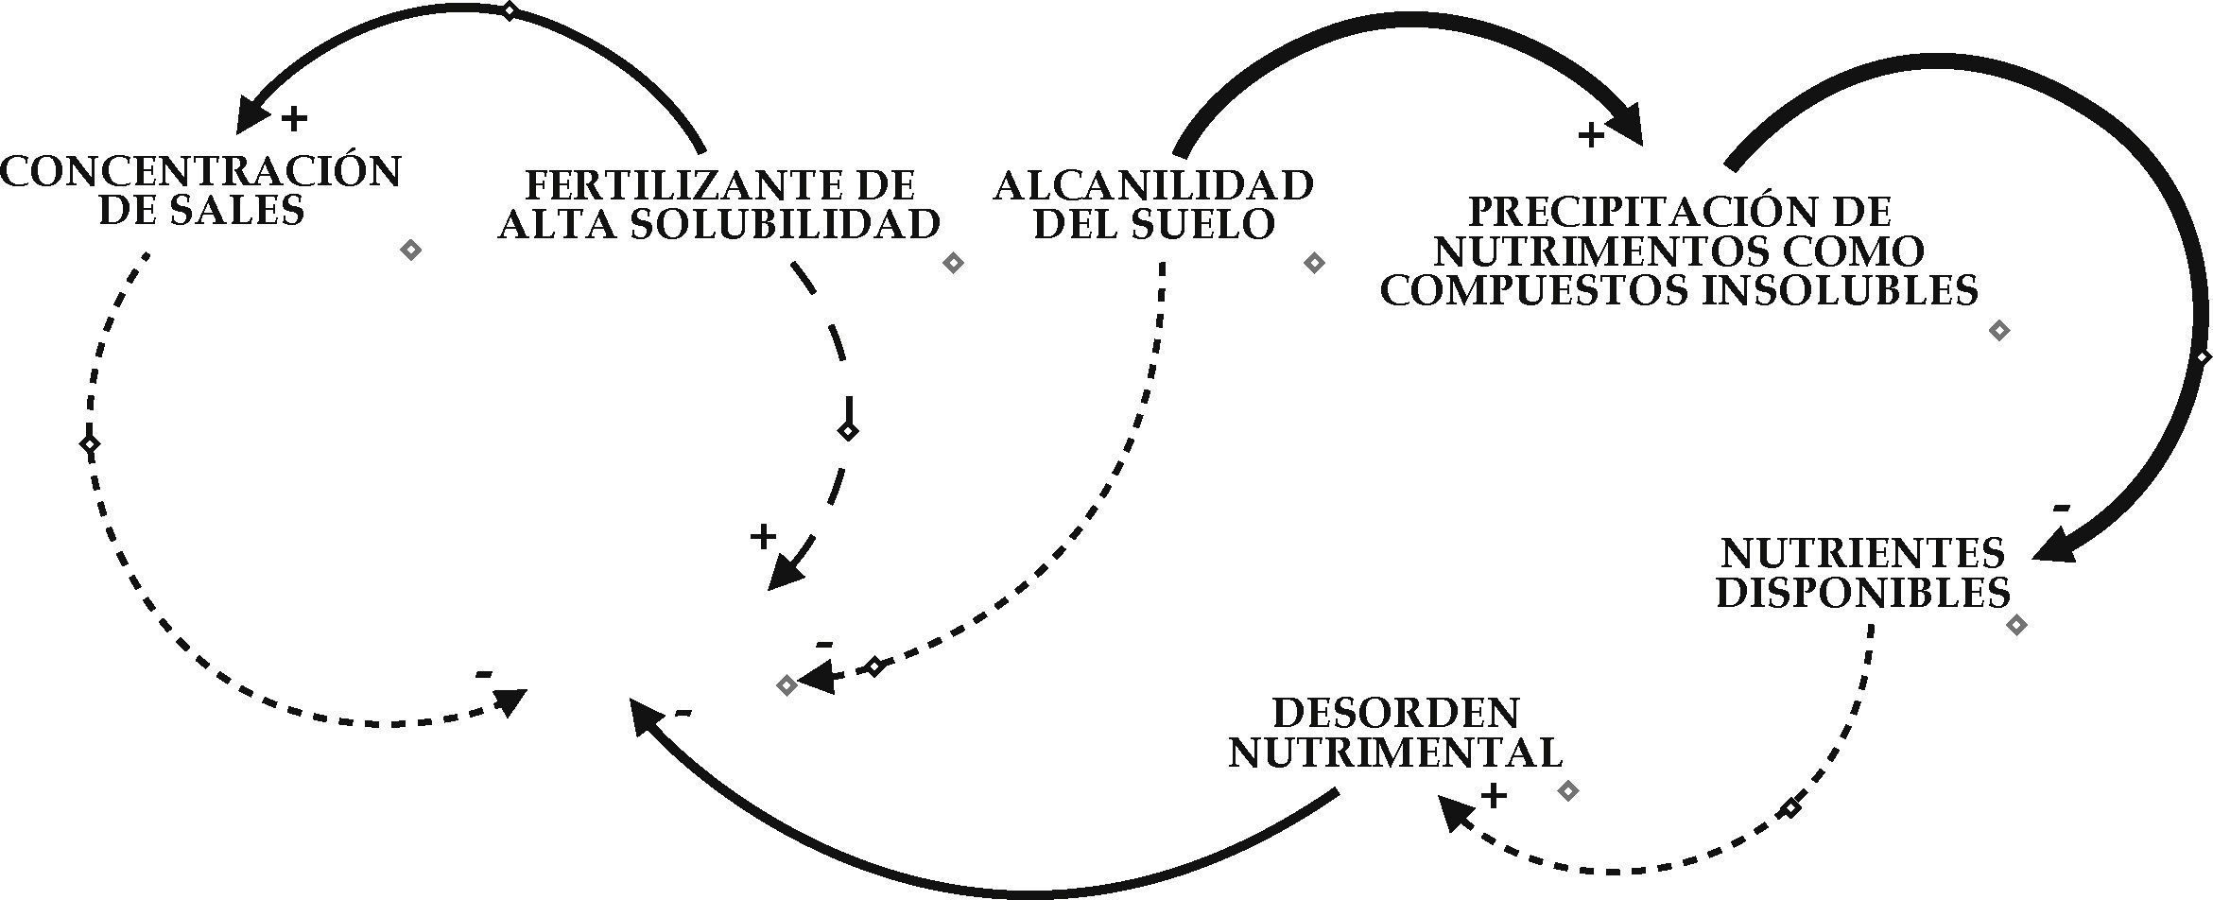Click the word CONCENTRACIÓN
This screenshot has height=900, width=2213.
(201, 172)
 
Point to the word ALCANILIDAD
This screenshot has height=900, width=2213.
(1153, 185)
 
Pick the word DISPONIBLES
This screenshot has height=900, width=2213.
(1862, 592)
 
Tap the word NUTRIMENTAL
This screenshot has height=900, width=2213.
(1395, 753)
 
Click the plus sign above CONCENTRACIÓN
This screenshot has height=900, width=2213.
(295, 118)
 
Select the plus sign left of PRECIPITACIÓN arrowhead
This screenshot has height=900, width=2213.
(1591, 135)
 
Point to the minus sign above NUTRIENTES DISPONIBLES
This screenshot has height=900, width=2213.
(2062, 509)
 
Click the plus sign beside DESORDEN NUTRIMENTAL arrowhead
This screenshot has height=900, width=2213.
(1494, 796)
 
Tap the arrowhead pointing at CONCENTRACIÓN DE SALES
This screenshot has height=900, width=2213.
(250, 115)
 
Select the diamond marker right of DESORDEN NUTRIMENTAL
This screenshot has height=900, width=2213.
(1567, 790)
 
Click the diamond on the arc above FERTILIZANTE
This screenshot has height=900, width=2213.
(509, 11)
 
